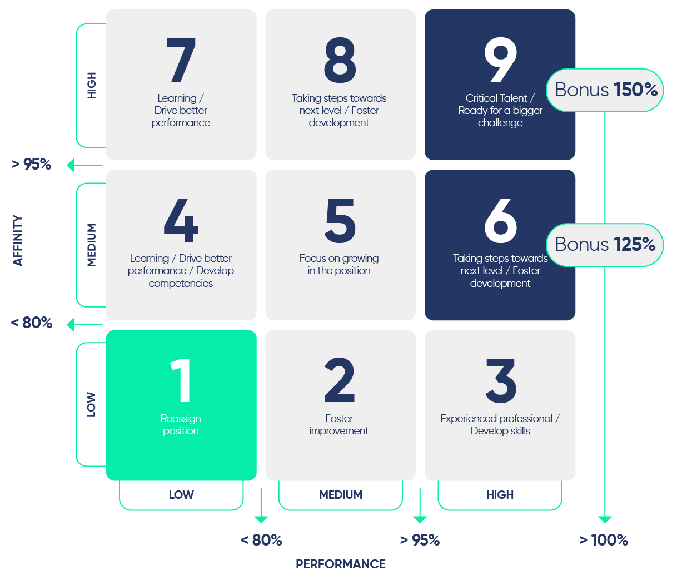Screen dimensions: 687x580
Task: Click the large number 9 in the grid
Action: (x=500, y=60)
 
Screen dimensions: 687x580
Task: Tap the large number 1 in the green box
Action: (x=181, y=380)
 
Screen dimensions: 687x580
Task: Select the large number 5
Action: (x=340, y=221)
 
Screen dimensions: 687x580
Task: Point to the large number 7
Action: (x=181, y=60)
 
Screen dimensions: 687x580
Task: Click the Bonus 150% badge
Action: (x=605, y=90)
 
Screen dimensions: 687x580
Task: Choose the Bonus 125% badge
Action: (x=605, y=245)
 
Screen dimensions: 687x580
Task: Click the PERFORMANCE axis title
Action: (x=341, y=564)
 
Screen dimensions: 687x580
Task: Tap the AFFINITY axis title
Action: (x=18, y=240)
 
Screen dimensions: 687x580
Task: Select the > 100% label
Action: (x=604, y=540)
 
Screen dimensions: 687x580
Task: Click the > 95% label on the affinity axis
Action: (x=32, y=164)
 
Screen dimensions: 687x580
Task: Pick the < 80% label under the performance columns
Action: (x=261, y=540)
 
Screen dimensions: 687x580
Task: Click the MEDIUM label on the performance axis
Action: (x=341, y=495)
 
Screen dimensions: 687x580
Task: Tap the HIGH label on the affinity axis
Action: (x=91, y=85)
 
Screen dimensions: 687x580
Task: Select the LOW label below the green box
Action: (x=181, y=495)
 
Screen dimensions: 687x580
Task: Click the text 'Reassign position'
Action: (x=181, y=425)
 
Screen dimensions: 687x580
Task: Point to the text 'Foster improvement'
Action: (x=339, y=425)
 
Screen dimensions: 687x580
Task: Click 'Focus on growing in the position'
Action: (x=339, y=264)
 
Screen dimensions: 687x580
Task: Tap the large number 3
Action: (x=501, y=380)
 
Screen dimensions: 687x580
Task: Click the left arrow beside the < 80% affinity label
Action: (x=85, y=325)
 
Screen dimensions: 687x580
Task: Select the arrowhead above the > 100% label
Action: (x=605, y=520)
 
